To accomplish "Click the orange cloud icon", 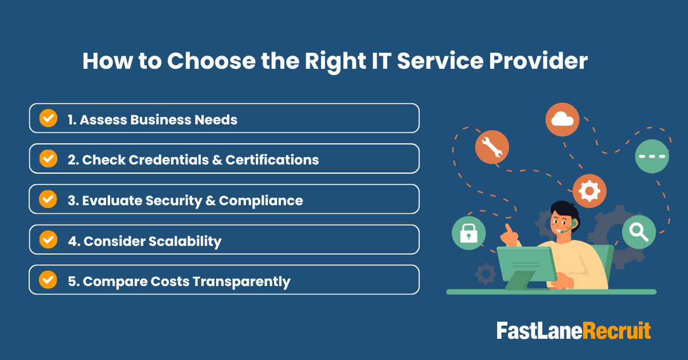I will click(x=562, y=119).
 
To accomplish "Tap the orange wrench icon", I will click(x=492, y=147).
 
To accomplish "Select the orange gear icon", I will click(x=589, y=191).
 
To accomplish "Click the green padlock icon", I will click(x=468, y=233).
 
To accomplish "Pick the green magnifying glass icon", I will click(x=639, y=232).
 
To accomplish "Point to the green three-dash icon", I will click(x=652, y=156).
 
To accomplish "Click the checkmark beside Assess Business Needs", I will click(x=48, y=119).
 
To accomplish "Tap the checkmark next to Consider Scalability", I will click(x=48, y=240).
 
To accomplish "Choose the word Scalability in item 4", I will click(x=185, y=241).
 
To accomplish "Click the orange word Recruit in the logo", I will click(x=616, y=331).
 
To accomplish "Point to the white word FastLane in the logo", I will click(x=539, y=331).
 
